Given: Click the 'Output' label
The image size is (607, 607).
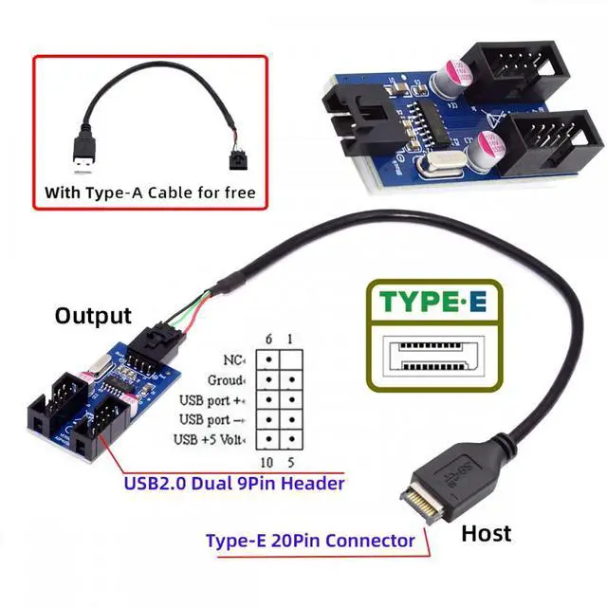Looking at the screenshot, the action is coord(93,315).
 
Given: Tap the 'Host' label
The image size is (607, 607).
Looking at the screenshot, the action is coord(486,533).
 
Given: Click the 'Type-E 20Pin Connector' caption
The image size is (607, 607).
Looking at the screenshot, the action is coord(310,541).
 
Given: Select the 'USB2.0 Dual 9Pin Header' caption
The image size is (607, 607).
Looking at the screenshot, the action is coord(234,483).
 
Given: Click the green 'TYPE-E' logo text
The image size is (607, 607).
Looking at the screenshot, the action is coord(432,303).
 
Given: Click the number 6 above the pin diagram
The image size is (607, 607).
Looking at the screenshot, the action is coord(268,340).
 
